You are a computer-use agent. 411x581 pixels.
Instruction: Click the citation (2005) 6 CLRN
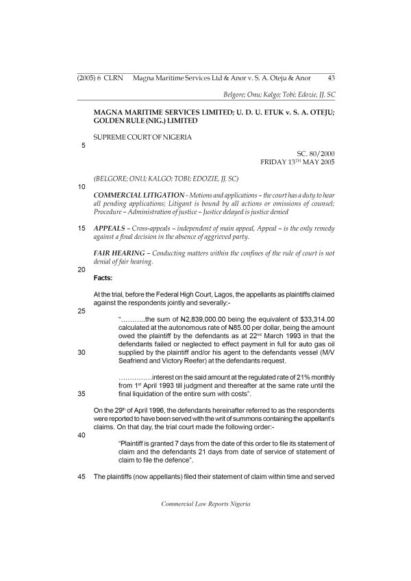[99, 79]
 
